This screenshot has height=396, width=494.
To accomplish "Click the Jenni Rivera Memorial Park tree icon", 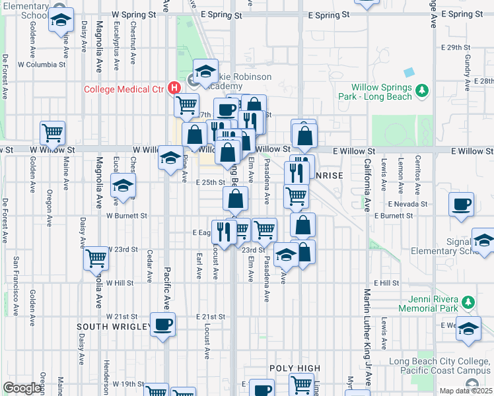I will pos(468,303).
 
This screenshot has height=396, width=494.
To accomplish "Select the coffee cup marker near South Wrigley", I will pos(162,325).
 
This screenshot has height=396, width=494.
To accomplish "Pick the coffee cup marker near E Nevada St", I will pos(461,203).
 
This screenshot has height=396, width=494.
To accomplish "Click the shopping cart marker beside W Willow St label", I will pos(53,133).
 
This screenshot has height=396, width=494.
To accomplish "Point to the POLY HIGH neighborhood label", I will pos(295,368).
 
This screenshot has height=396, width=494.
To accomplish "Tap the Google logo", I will pos(22,388).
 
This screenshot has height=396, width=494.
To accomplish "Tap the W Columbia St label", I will pos(42,65).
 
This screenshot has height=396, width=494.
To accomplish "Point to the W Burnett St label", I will pos(127,215).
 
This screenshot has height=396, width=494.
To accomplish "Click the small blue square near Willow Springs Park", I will pos(409,72).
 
